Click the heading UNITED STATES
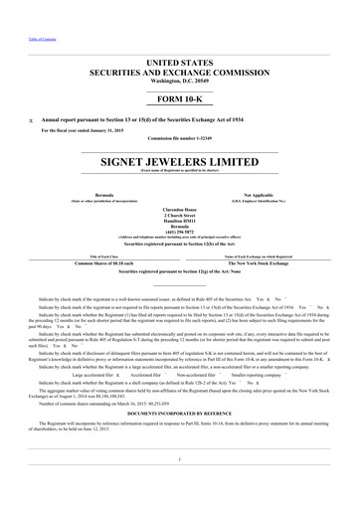point(179,62)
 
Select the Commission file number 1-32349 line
point(179,137)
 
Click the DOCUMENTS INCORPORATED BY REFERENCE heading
point(179,419)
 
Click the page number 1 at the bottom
point(179,457)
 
